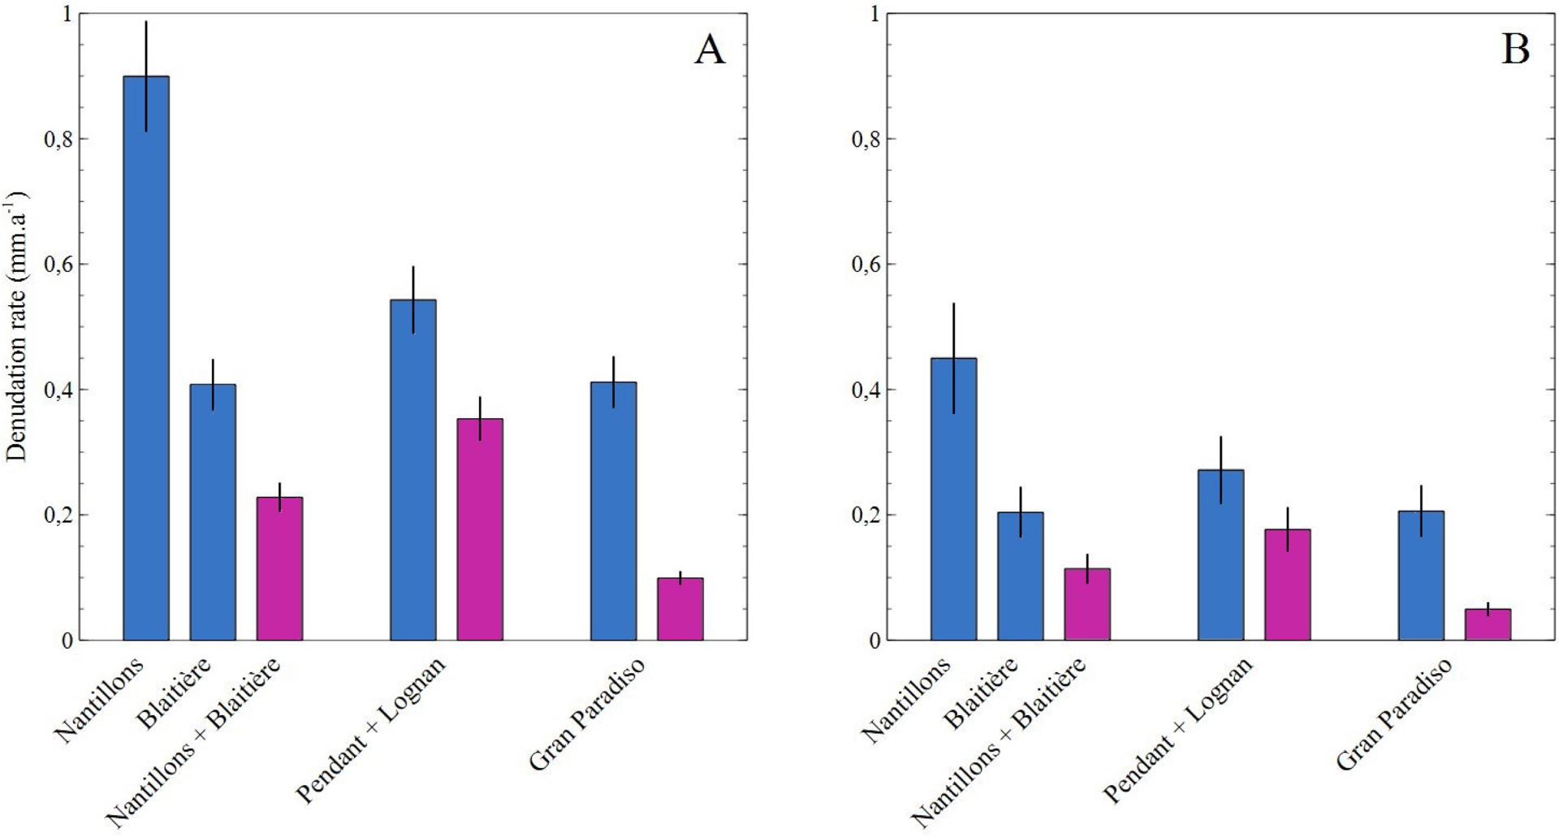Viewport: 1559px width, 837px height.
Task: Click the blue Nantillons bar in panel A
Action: (x=146, y=357)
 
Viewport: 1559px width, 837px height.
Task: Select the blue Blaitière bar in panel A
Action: (x=213, y=511)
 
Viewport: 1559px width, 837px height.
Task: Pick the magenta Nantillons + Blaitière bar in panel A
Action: (x=279, y=568)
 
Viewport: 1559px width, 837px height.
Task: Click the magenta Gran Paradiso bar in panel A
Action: (x=680, y=609)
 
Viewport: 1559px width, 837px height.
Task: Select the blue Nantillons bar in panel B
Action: (x=954, y=498)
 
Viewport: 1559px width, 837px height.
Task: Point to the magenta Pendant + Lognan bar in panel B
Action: (x=1288, y=585)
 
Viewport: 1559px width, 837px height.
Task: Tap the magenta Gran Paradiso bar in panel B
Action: (x=1488, y=624)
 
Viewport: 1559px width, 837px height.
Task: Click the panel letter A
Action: (x=710, y=50)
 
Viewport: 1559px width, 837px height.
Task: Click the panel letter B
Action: (x=1515, y=50)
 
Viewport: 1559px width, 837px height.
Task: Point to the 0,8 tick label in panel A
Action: (x=58, y=139)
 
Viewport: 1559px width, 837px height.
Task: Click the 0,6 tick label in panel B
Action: (x=866, y=264)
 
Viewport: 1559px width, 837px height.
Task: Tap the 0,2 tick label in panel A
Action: (x=58, y=515)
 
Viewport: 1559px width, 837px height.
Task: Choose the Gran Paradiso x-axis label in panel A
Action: (x=588, y=713)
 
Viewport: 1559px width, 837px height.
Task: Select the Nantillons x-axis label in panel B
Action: (x=905, y=700)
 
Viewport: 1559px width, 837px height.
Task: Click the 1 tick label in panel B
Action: (x=875, y=14)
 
